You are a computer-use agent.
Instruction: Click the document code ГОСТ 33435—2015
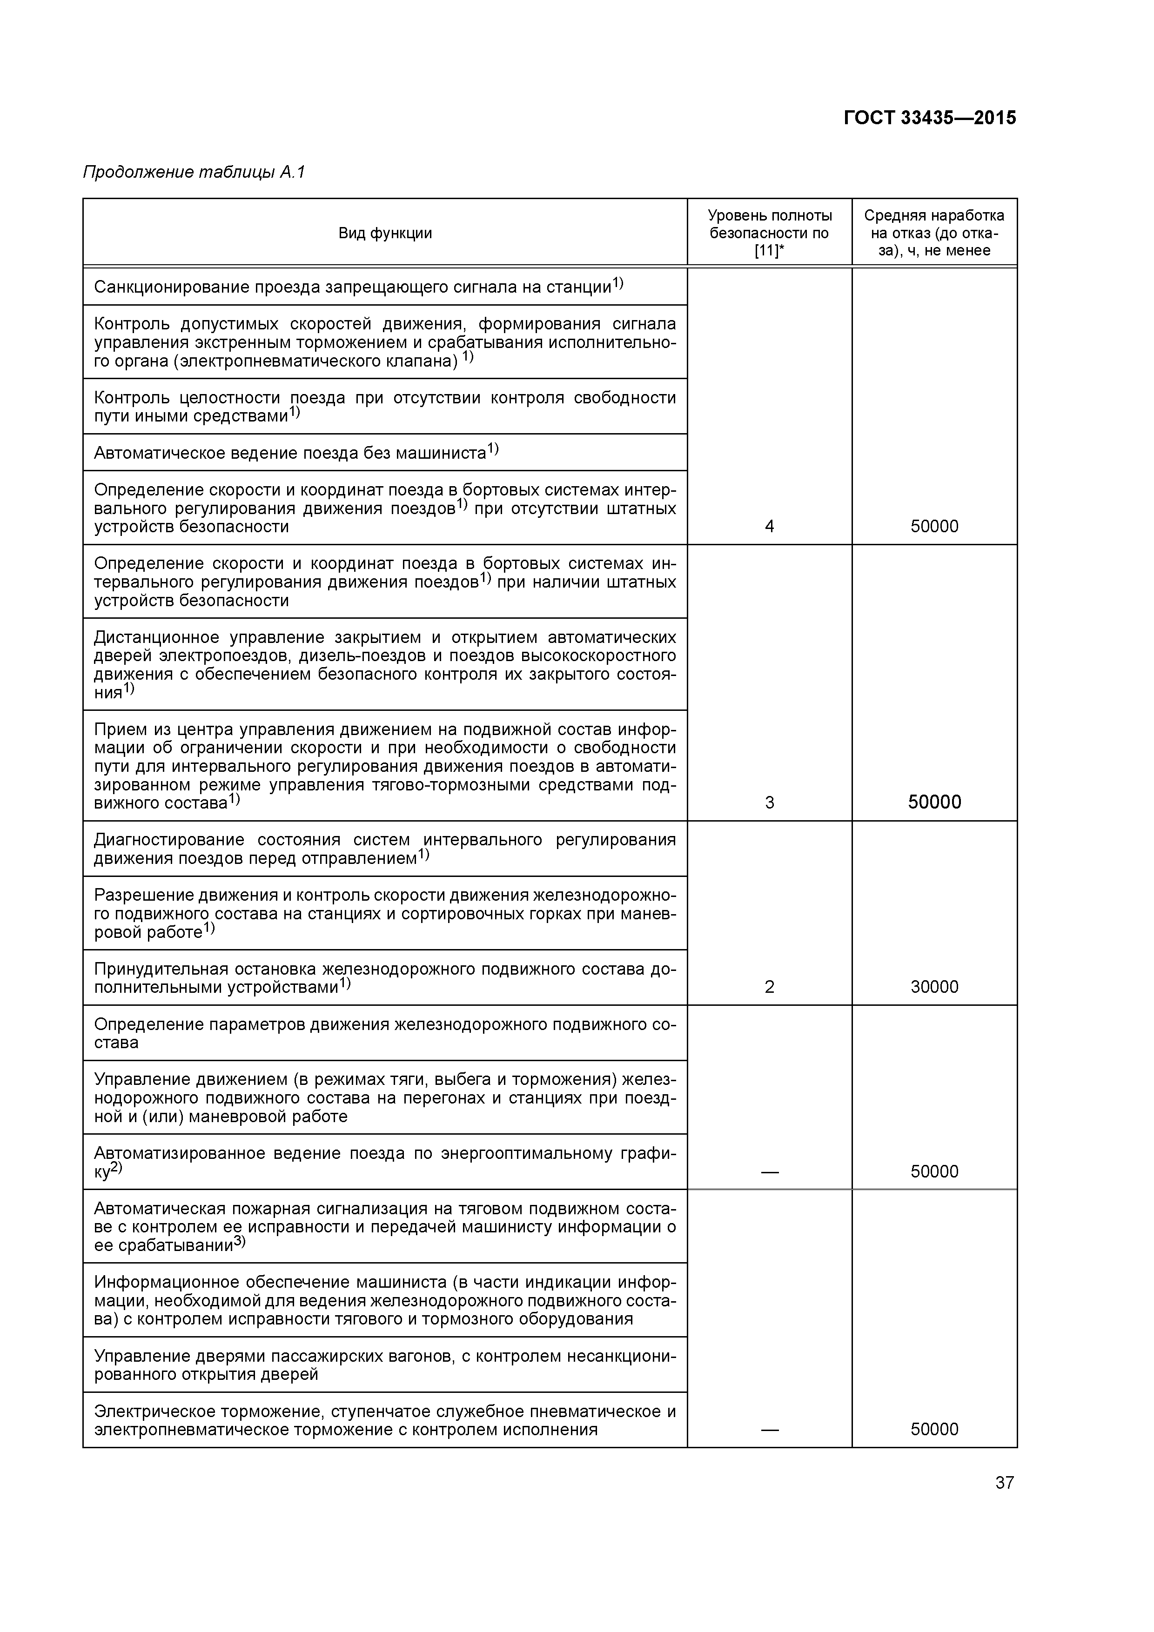click(x=929, y=118)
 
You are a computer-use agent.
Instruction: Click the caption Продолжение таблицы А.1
click(x=194, y=172)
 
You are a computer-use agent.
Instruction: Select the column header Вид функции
click(x=385, y=233)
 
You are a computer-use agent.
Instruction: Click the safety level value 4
click(x=769, y=527)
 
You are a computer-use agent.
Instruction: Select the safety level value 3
click(x=769, y=803)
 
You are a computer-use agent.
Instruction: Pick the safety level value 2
click(x=769, y=987)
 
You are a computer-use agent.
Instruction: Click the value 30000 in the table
click(x=934, y=987)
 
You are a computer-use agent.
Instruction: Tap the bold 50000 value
click(x=934, y=803)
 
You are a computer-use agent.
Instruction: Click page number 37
click(x=1004, y=1483)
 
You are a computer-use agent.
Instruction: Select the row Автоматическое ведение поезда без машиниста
click(x=296, y=453)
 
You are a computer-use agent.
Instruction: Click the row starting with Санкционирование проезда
click(x=358, y=287)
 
